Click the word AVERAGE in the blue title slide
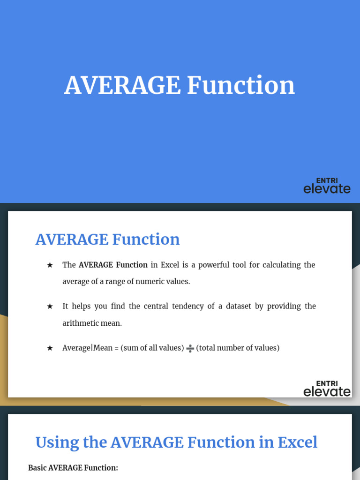122,85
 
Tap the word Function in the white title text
241,85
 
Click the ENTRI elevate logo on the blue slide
327,186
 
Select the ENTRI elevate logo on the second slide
327,389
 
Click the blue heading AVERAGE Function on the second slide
107,239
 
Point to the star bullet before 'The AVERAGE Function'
50,265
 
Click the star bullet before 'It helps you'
50,307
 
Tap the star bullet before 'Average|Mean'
50,348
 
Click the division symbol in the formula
190,348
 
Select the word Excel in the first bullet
170,265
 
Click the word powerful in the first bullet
213,265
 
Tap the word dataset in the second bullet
239,306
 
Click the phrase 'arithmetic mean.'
92,323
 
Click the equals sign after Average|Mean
116,348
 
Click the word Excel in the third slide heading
298,442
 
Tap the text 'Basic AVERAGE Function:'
73,468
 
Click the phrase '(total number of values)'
238,348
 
